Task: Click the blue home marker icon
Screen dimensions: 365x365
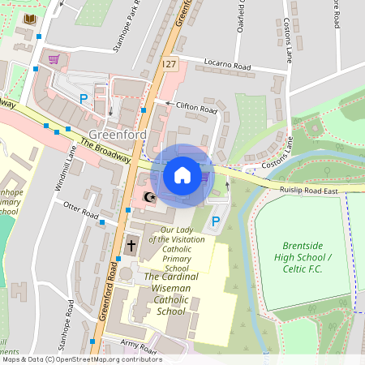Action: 182,174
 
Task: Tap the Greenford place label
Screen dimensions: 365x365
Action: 117,134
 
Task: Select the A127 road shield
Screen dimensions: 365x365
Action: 168,63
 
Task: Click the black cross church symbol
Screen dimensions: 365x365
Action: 131,244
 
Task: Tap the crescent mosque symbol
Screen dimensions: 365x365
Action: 148,197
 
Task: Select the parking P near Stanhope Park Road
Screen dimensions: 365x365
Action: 83,98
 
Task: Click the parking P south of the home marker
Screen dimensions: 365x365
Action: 215,221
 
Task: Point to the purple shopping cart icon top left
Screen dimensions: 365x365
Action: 54,59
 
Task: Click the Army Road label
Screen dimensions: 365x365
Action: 138,346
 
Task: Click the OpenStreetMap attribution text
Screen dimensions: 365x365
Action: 81,359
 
